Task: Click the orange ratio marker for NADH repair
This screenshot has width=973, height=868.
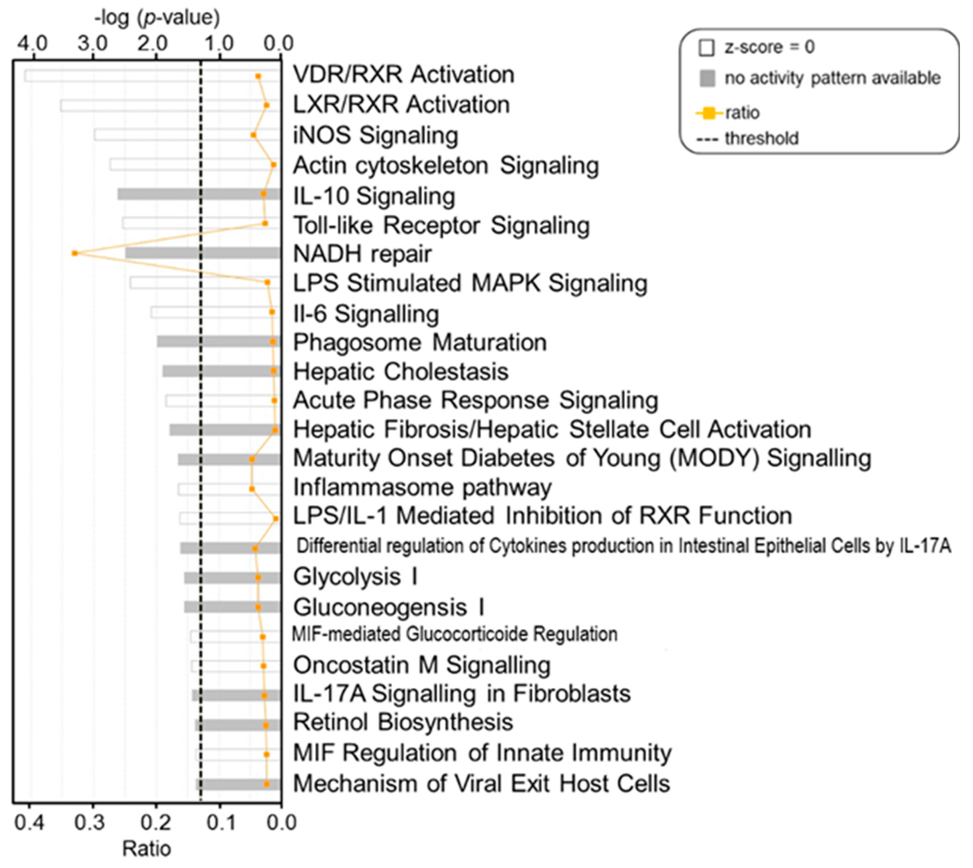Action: (x=75, y=253)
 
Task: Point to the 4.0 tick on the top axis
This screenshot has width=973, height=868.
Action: (x=32, y=44)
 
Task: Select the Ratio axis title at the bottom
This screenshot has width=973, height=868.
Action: (x=146, y=849)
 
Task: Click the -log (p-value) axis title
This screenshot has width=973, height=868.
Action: (x=157, y=18)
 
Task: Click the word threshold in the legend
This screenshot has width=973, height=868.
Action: (x=761, y=139)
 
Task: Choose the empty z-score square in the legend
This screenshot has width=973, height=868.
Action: (x=706, y=48)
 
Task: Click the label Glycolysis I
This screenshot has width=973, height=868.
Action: (x=355, y=577)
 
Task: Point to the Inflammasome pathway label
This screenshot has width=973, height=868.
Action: (x=422, y=487)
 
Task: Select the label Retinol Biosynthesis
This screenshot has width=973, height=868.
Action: (x=403, y=722)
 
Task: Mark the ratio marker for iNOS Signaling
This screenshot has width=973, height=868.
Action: (x=253, y=135)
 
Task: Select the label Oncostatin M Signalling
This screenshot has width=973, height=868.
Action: (x=422, y=665)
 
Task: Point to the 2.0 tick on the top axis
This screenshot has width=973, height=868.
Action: (x=154, y=44)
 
